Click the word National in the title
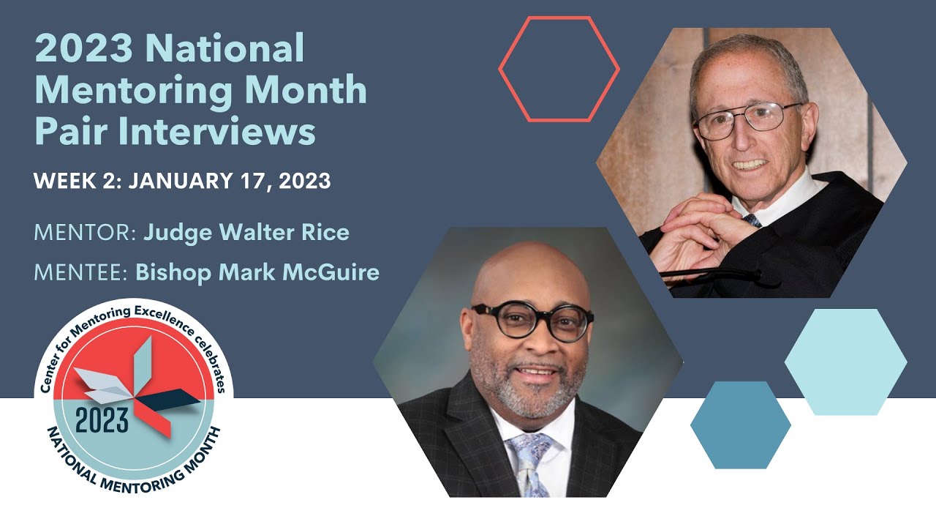tap(224, 49)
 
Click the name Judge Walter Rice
tap(246, 233)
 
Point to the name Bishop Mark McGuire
tap(257, 273)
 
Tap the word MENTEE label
tap(80, 273)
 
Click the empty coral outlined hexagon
tap(559, 69)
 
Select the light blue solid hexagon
tap(845, 362)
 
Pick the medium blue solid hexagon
tap(740, 425)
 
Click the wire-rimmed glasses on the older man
tap(746, 119)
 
